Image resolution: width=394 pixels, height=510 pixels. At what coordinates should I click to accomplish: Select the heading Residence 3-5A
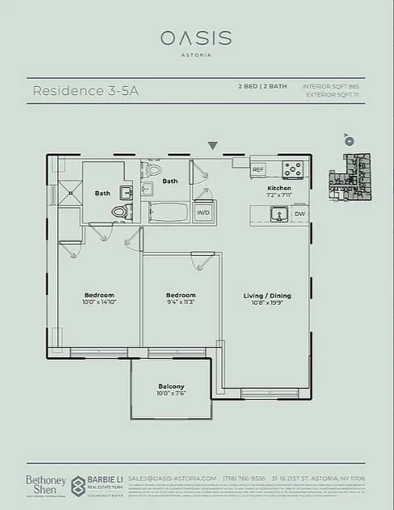click(x=85, y=91)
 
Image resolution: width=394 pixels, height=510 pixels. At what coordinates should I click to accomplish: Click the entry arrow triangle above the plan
click(x=213, y=146)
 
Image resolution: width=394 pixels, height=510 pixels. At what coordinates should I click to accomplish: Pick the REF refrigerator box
click(x=258, y=170)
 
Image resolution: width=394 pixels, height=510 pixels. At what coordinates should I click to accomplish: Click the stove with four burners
click(x=293, y=169)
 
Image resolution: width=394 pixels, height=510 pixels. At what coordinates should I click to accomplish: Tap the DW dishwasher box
click(x=300, y=214)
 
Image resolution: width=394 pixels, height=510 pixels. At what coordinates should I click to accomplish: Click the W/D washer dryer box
click(x=204, y=212)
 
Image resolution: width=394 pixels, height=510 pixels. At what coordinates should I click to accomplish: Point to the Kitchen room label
click(x=279, y=188)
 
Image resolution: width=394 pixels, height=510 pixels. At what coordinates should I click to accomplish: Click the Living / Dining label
click(x=267, y=295)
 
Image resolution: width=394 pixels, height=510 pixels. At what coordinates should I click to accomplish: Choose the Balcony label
click(x=171, y=386)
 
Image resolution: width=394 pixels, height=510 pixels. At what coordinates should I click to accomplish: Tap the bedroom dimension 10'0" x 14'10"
click(x=99, y=303)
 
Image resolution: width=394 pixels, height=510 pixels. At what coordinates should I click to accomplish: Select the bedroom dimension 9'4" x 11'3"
click(x=181, y=303)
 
